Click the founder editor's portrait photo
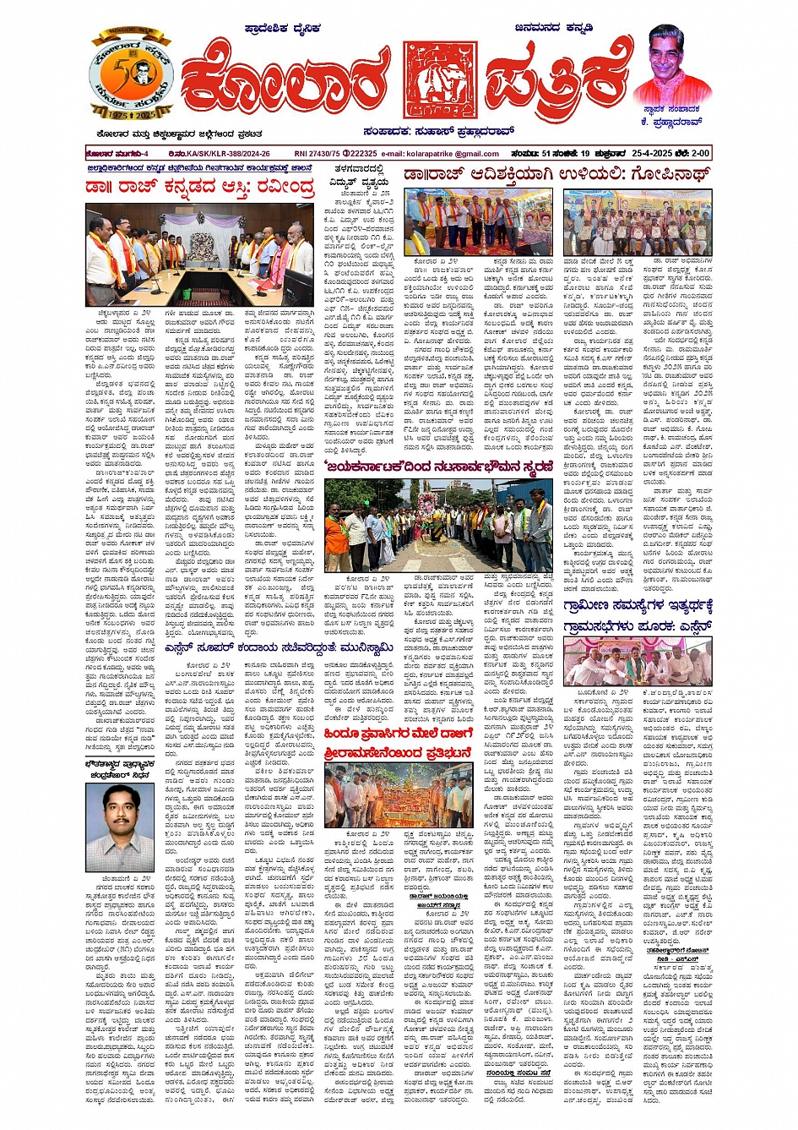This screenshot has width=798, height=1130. [x=671, y=63]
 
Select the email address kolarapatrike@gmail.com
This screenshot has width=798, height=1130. [x=452, y=154]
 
